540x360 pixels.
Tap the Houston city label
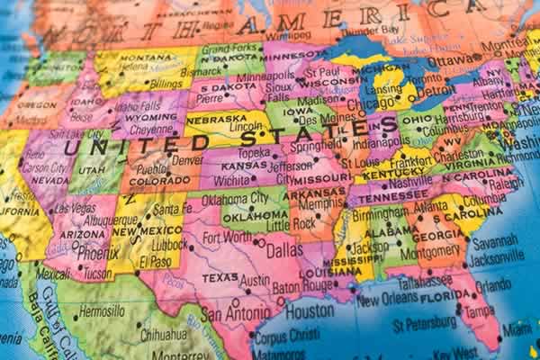[x=310, y=311]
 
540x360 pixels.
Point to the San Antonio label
[x=235, y=314]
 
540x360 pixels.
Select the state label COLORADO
[x=159, y=179]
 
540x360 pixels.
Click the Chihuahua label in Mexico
[x=167, y=334]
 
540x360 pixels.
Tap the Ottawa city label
[x=445, y=61]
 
